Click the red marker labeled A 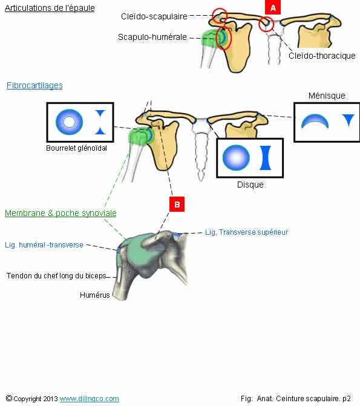tap(273, 7)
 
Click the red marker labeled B tap(177, 205)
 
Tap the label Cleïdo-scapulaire tap(154, 16)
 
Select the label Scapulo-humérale tap(152, 37)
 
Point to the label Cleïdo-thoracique tap(322, 56)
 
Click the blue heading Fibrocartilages tap(34, 85)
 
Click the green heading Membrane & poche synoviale tap(61, 213)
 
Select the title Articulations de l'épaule tap(50, 8)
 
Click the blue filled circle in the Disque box tap(236, 157)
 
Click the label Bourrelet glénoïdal tap(76, 148)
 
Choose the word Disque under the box tap(250, 185)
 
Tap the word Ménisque tap(327, 96)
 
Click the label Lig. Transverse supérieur tap(247, 232)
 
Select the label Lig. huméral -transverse tap(44, 245)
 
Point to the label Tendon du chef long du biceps tap(56, 276)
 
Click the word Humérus tap(95, 295)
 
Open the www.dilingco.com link tap(90, 399)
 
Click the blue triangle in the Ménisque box tap(349, 120)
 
